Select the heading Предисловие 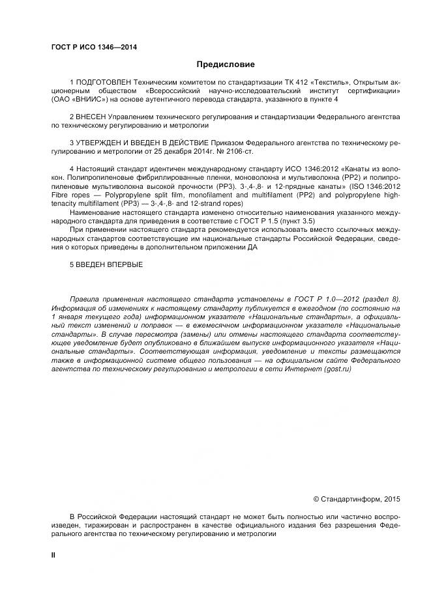pyautogui.click(x=226, y=64)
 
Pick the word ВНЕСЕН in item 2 pyautogui.click(x=91, y=116)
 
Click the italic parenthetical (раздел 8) pyautogui.click(x=378, y=299)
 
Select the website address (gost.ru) pyautogui.click(x=352, y=369)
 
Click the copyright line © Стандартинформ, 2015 pyautogui.click(x=357, y=499)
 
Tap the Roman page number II pyautogui.click(x=54, y=554)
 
